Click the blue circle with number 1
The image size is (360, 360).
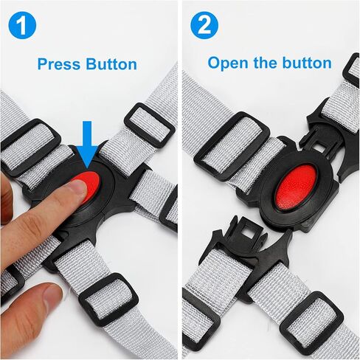[22, 26]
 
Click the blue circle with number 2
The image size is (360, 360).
[204, 26]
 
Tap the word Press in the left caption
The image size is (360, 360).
[59, 64]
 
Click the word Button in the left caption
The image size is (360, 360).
[111, 64]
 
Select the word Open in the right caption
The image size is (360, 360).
[229, 63]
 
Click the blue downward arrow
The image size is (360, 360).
[88, 145]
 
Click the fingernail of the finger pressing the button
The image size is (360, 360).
[78, 189]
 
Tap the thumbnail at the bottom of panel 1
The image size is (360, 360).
[52, 298]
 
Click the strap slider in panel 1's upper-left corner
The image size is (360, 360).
[30, 146]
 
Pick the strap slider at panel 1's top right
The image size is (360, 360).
[149, 125]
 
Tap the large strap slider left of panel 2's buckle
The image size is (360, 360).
[231, 146]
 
